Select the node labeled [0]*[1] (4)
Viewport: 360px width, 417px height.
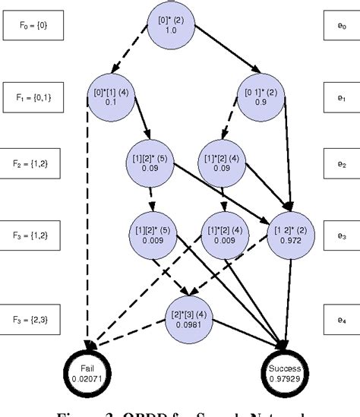[112, 96]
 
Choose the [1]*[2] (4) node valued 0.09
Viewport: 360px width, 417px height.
[223, 164]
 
